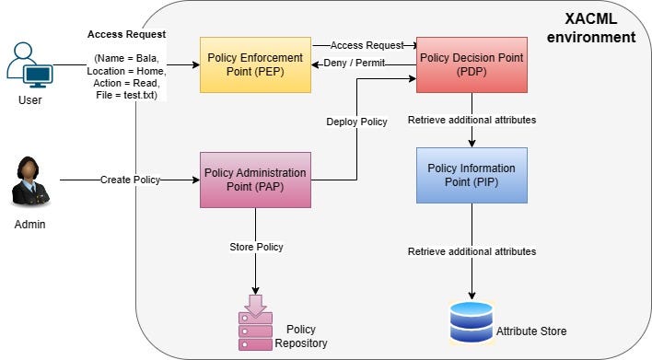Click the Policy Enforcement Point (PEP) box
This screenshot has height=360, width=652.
point(255,64)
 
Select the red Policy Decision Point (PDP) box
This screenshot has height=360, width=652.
point(472,64)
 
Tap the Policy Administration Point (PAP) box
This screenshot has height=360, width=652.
point(255,180)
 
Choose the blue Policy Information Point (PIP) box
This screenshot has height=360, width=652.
point(472,175)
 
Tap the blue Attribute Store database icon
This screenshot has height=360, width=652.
point(471,320)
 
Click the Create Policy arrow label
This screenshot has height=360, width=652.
point(130,180)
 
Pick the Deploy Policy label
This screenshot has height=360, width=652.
point(356,122)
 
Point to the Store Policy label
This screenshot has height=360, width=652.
point(256,247)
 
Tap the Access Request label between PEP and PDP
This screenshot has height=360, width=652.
point(367,45)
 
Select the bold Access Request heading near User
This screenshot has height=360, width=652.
point(126,34)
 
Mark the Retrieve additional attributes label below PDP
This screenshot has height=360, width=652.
point(472,121)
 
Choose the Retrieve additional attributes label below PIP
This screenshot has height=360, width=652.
point(472,250)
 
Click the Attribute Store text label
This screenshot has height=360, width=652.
point(531,331)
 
